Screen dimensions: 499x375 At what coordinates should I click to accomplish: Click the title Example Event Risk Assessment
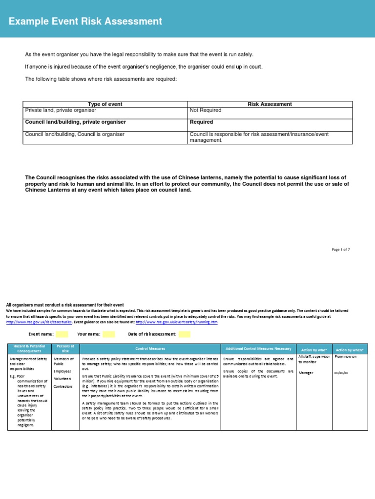pyautogui.click(x=85, y=21)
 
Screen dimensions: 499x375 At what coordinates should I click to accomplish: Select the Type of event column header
pyautogui.click(x=104, y=104)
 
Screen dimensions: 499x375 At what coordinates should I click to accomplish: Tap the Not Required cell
pyautogui.click(x=206, y=110)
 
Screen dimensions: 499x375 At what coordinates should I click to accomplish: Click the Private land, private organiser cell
pyautogui.click(x=61, y=110)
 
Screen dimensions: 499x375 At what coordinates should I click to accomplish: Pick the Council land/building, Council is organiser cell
pyautogui.click(x=75, y=134)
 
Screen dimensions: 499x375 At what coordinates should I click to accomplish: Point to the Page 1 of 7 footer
pyautogui.click(x=340, y=249)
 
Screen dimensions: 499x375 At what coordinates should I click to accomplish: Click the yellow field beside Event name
pyautogui.click(x=62, y=334)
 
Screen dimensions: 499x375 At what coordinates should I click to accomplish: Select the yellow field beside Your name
pyautogui.click(x=109, y=334)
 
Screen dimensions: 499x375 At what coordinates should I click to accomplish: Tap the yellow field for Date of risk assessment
pyautogui.click(x=184, y=334)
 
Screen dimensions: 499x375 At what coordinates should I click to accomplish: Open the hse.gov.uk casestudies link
pyautogui.click(x=39, y=322)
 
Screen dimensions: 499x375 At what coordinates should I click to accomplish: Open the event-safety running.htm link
pyautogui.click(x=177, y=322)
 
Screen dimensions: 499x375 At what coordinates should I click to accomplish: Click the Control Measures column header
pyautogui.click(x=150, y=349)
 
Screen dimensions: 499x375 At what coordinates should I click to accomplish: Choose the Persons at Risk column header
pyautogui.click(x=65, y=348)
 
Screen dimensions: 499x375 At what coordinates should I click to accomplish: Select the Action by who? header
pyautogui.click(x=314, y=349)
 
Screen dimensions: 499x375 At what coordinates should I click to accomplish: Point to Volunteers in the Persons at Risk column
pyautogui.click(x=62, y=378)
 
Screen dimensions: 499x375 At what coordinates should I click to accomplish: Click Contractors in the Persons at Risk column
pyautogui.click(x=63, y=386)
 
